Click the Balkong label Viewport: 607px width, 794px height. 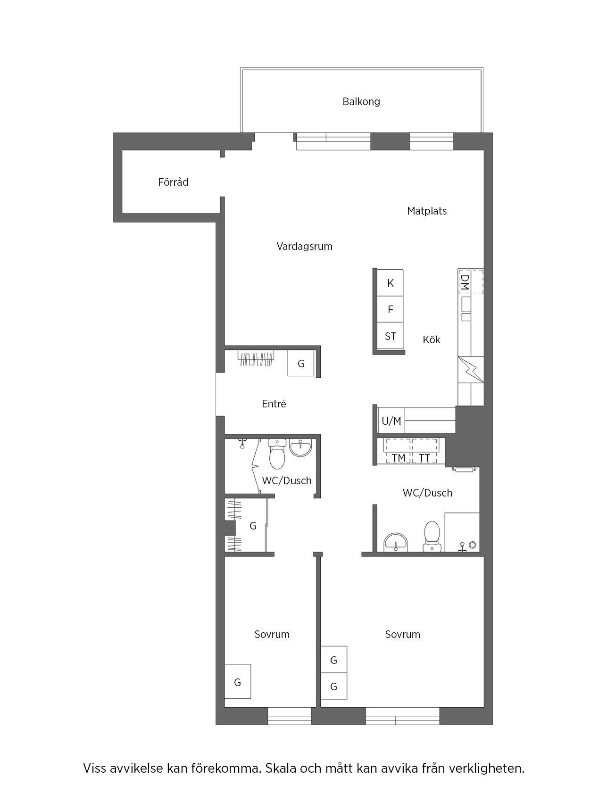(361, 101)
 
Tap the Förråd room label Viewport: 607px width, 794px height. (173, 182)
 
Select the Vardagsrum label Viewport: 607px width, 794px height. (304, 246)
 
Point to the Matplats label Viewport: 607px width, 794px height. (427, 211)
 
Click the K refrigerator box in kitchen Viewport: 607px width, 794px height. (390, 283)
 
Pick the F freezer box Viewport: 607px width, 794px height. (390, 309)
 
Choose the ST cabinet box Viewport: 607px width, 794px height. (390, 336)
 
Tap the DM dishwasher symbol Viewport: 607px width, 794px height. (471, 282)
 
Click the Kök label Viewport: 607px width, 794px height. (431, 339)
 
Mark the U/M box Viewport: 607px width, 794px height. (391, 421)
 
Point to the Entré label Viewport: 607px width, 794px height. (274, 404)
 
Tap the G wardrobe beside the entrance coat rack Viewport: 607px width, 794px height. (301, 364)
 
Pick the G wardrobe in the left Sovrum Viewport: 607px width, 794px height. (237, 682)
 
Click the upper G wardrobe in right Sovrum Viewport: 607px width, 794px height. (334, 660)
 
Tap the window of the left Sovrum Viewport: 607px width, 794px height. (290, 716)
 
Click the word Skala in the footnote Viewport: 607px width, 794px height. (281, 769)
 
